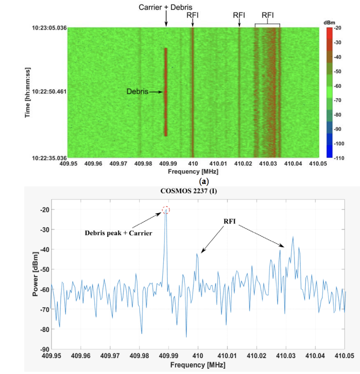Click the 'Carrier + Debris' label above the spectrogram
[165, 7]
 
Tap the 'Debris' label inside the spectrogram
[137, 91]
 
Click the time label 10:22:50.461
[49, 92]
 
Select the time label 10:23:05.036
[49, 28]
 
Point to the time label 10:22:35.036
[49, 158]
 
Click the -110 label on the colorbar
[339, 158]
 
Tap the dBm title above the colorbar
[329, 23]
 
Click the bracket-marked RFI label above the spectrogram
[268, 15]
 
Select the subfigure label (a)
[204, 182]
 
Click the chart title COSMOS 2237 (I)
[189, 191]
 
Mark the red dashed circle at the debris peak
[166, 210]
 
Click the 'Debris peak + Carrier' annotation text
[118, 233]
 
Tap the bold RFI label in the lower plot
[229, 221]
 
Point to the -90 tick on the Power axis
[44, 349]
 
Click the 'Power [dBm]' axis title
[35, 274]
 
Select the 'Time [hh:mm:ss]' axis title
[28, 92]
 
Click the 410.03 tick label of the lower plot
[286, 356]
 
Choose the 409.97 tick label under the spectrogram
[118, 163]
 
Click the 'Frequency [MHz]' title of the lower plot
[198, 365]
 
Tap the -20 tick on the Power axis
[44, 210]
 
